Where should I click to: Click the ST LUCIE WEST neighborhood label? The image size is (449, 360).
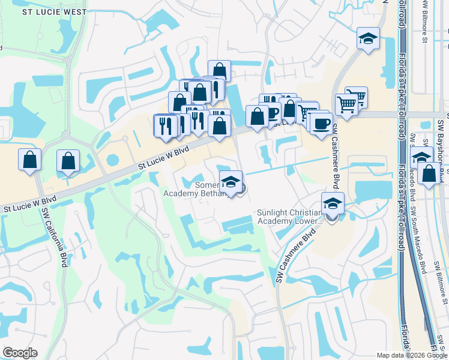point(46,11)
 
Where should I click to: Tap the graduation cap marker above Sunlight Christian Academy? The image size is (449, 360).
point(333,203)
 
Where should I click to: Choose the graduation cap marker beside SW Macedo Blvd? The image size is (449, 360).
point(422,157)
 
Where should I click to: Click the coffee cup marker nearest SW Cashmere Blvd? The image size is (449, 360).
point(322,124)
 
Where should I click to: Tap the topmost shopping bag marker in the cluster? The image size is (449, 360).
point(219,71)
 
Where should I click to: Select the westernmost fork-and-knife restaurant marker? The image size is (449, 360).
point(164,125)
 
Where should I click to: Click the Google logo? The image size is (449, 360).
point(20,353)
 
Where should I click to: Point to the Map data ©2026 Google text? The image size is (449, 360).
point(411,355)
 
